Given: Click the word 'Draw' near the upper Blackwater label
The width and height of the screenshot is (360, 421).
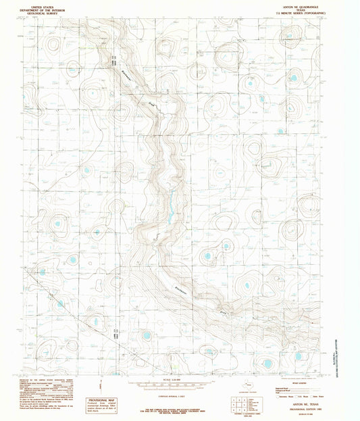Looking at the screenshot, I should (x=151, y=103).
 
